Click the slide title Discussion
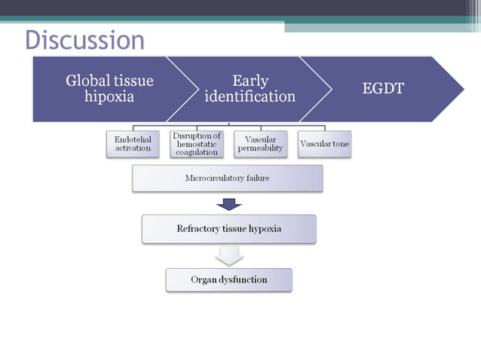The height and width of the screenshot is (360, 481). [x=84, y=40]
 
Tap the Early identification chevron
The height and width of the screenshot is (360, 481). [x=250, y=88]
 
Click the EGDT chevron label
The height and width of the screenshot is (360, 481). [x=383, y=88]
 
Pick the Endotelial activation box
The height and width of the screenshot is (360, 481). [x=133, y=144]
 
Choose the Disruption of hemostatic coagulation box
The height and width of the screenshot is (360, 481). [x=197, y=144]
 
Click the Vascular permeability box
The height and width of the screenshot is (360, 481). [x=260, y=144]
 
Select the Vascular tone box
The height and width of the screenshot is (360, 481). [x=324, y=144]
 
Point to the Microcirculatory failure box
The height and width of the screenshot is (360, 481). [x=227, y=178]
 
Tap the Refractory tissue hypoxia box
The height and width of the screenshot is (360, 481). [x=228, y=229]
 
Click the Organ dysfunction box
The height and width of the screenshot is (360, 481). [x=228, y=279]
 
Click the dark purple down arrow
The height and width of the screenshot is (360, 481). [x=228, y=204]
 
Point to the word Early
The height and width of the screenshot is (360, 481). [x=250, y=80]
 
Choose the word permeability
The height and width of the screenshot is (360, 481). [x=260, y=148]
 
